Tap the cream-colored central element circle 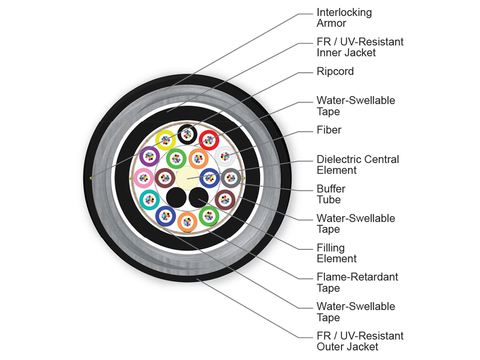point(187,178)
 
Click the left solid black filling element point(176,197)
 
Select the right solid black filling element point(198,197)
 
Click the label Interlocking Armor point(344,18)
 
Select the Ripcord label point(335,71)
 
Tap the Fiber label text point(329,130)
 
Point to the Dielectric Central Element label point(358,164)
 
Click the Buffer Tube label point(331,194)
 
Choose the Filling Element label point(336,253)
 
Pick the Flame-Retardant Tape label point(357,282)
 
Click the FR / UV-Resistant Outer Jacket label point(360,341)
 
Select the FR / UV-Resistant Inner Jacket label point(360,47)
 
